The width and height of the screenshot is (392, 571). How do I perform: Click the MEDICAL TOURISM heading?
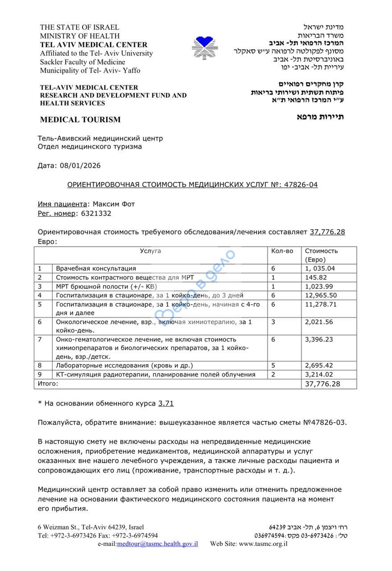[80, 120]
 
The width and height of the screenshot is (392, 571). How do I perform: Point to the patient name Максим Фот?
[114, 204]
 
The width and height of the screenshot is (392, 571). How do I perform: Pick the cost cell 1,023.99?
[320, 286]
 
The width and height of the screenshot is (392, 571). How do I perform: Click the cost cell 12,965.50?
[321, 295]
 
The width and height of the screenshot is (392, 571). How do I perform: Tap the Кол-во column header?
[282, 251]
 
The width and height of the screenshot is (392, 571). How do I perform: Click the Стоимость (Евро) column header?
[321, 255]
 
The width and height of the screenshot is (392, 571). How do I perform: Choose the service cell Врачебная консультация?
[96, 269]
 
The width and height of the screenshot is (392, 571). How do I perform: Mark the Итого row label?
[48, 383]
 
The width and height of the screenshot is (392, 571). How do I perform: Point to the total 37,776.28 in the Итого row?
[322, 384]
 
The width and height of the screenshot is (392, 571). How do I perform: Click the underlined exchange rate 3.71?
[166, 403]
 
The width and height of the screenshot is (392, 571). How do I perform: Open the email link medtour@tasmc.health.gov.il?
[157, 544]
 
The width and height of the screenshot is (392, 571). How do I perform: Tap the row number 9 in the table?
[40, 375]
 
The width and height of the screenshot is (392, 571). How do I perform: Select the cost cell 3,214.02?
[320, 375]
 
